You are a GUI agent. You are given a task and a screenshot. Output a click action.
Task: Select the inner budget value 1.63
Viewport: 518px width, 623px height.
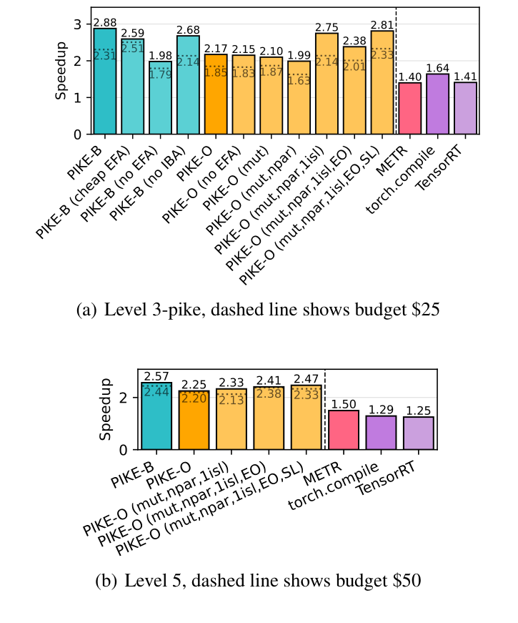(299, 81)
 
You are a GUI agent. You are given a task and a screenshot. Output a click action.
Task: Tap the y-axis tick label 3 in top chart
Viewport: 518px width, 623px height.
(79, 24)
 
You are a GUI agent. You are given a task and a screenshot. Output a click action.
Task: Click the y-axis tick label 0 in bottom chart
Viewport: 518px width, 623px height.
(122, 450)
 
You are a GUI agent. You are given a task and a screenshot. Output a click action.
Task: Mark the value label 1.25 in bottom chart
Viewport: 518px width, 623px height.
(418, 411)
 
